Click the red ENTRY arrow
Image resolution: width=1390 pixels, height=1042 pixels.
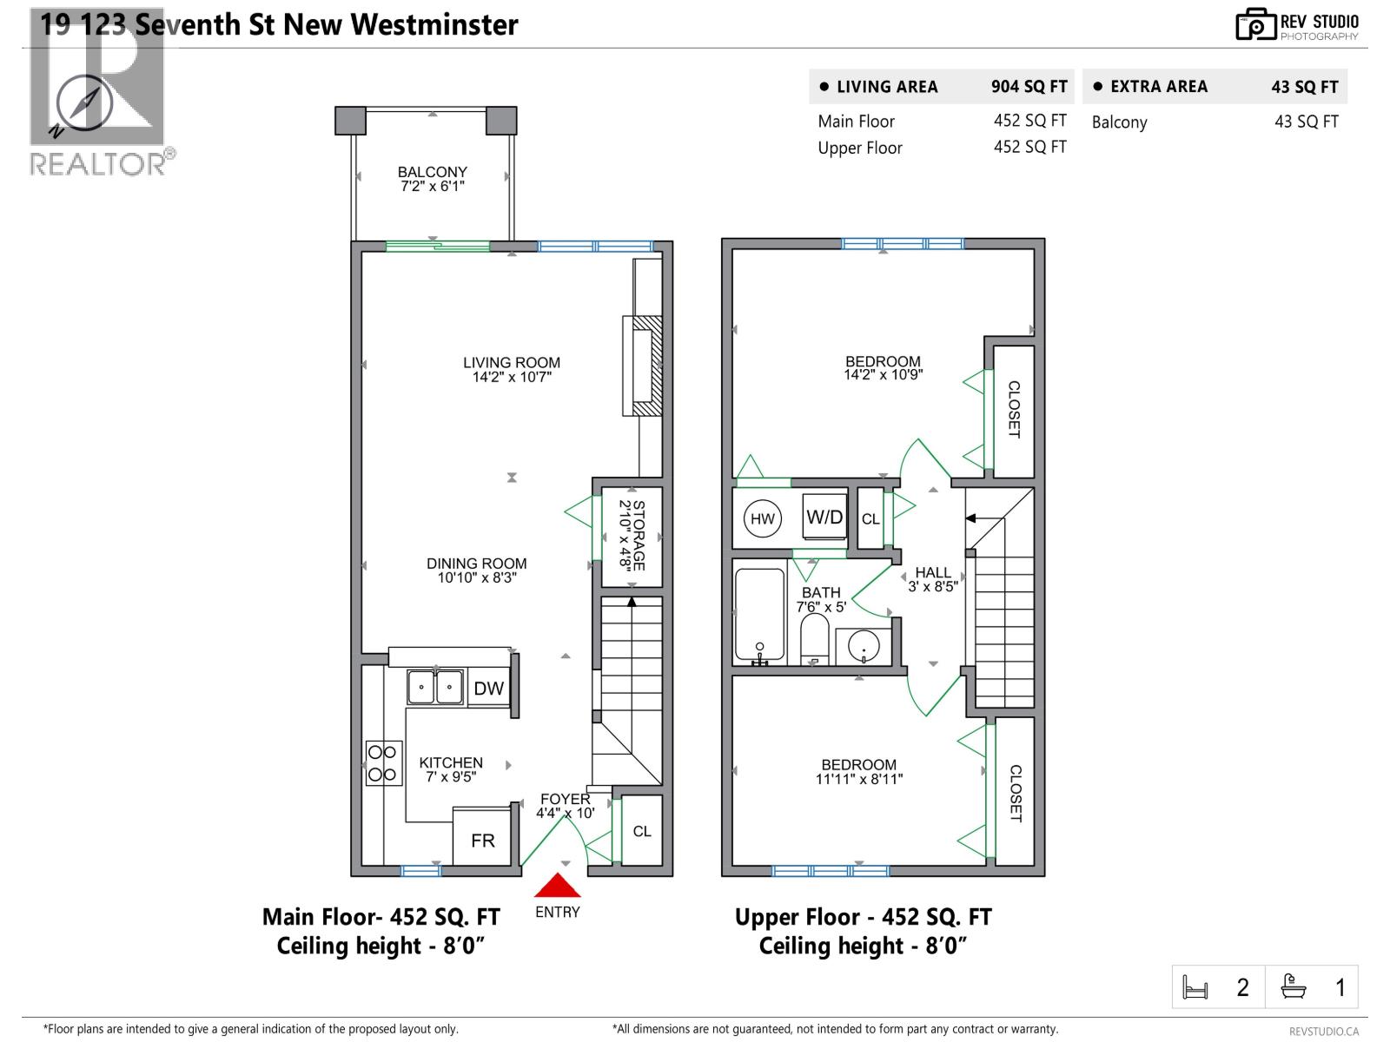click(557, 886)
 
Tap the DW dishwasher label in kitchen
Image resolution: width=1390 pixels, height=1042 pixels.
click(488, 689)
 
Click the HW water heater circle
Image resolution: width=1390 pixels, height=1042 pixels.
click(763, 519)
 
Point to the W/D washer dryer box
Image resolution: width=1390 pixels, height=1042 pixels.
click(824, 518)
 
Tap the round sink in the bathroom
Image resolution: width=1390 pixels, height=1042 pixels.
click(864, 646)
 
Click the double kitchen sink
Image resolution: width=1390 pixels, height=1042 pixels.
click(436, 687)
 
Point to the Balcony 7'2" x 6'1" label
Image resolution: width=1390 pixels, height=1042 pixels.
click(433, 179)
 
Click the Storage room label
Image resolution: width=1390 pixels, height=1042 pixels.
click(632, 534)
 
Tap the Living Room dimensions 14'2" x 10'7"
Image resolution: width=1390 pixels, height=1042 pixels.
click(512, 377)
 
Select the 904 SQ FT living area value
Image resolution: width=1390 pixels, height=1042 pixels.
click(1029, 87)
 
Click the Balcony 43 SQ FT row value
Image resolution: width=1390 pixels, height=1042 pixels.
click(1306, 122)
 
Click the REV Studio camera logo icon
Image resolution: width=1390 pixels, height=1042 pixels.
click(1254, 24)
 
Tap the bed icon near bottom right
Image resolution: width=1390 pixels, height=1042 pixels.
click(1195, 987)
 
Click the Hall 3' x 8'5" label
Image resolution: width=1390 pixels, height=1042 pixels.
click(932, 579)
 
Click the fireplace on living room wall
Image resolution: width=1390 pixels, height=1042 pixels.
click(643, 366)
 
